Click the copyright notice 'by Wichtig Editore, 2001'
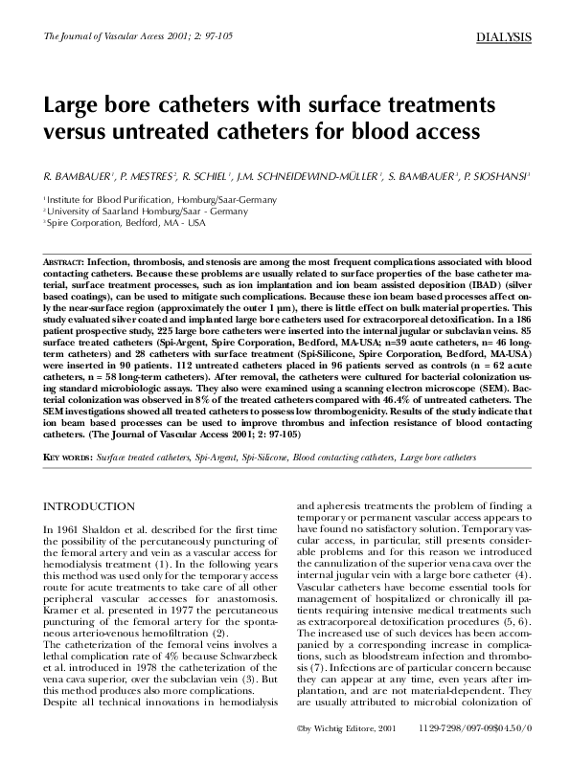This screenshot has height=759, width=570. [339, 728]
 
